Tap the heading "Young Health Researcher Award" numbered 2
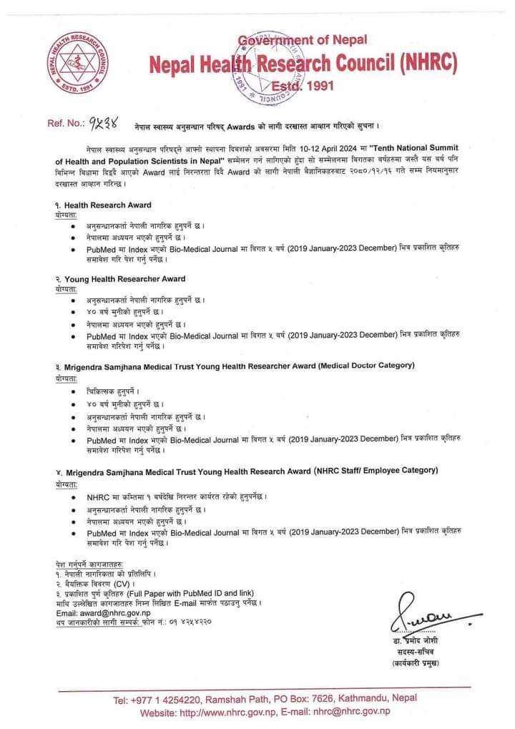pos(124,278)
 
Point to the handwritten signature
pos(427,617)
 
